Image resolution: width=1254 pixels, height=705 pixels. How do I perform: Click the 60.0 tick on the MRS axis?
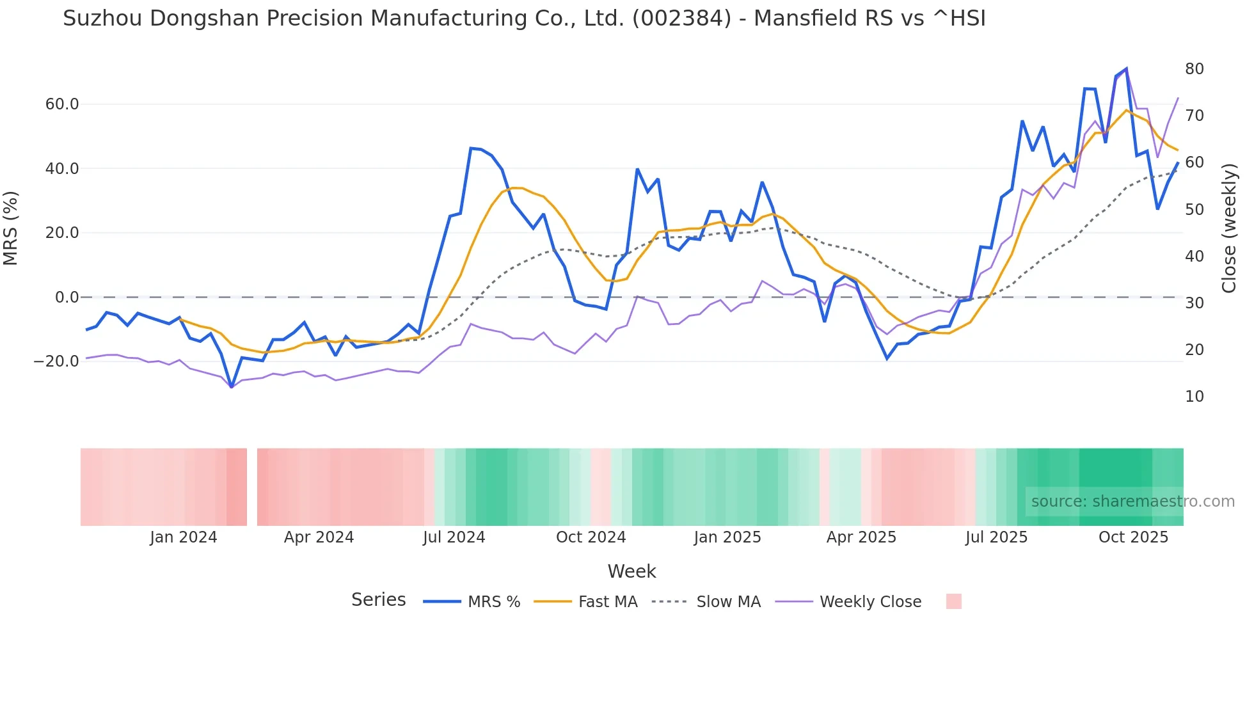tap(61, 104)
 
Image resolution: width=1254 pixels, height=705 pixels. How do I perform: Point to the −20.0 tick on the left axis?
tap(56, 361)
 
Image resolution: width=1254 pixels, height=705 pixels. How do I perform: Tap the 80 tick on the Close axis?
tap(1194, 69)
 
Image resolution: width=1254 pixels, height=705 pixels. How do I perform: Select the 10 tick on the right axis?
tap(1194, 397)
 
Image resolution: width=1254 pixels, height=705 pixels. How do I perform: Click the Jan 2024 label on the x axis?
tap(184, 537)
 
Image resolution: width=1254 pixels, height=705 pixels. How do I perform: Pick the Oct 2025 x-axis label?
tap(1133, 537)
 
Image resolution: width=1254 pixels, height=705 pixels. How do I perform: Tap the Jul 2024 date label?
tap(454, 537)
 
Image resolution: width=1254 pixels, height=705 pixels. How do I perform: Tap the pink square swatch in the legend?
tap(953, 601)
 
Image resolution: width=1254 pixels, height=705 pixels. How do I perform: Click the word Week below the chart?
tap(631, 571)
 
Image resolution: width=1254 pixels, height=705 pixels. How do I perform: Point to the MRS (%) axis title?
tap(11, 228)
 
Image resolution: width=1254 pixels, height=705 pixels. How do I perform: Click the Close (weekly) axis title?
tap(1229, 228)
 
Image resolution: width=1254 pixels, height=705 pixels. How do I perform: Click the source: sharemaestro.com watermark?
tap(1132, 502)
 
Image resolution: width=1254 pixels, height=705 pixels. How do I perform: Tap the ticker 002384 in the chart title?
tap(681, 19)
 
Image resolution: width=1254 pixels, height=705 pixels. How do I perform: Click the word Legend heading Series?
tap(378, 600)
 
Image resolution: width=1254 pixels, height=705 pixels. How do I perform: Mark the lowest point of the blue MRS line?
tap(231, 387)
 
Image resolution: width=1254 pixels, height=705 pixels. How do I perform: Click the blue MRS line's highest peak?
tap(1126, 68)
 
